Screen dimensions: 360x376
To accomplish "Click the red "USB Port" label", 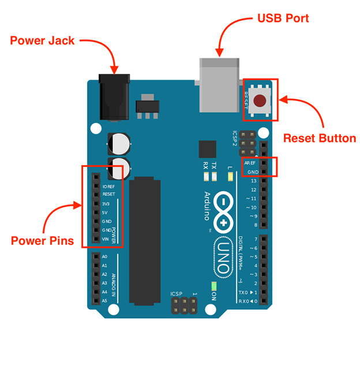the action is point(283,18).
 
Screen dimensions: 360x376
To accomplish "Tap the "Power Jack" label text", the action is point(42,40).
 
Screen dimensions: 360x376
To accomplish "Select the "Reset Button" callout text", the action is point(320,139).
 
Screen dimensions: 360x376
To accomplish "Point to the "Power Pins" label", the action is point(42,241).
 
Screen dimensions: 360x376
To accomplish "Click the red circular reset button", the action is point(260,100).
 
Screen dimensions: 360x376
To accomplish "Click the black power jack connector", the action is point(114,97).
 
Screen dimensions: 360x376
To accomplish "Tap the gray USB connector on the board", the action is point(219,85).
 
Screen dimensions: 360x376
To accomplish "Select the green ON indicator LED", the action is point(214,286).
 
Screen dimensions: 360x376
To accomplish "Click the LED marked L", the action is point(230,177).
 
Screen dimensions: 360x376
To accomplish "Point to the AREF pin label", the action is point(250,163).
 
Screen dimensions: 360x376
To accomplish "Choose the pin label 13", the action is point(254,181).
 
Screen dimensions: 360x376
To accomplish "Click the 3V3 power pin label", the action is point(106,204).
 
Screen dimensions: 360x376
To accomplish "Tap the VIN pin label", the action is point(106,239).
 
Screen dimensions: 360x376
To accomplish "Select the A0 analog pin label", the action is point(104,256).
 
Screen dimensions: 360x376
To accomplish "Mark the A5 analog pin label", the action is point(104,301).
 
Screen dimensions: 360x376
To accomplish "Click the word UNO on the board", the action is point(223,257).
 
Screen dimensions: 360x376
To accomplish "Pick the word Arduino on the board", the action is point(207,206).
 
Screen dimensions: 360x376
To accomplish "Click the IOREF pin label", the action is point(108,187).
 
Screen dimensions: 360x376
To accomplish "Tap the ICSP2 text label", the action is point(234,139).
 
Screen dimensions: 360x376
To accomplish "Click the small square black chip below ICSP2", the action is point(208,149).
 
